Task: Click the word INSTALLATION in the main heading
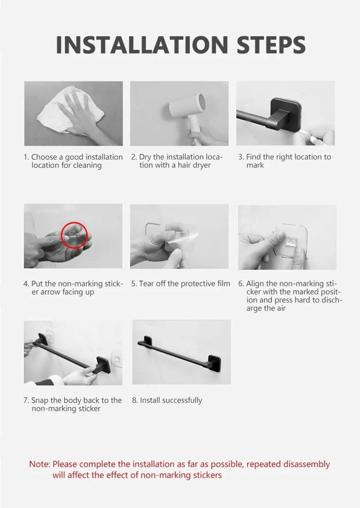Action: pyautogui.click(x=142, y=45)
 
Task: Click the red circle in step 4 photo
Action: pyautogui.click(x=74, y=235)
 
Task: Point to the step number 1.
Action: pyautogui.click(x=26, y=157)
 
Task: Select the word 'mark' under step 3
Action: pyautogui.click(x=255, y=165)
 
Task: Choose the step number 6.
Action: pyautogui.click(x=241, y=283)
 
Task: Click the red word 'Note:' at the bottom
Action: pyautogui.click(x=40, y=464)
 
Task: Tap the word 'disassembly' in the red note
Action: pyautogui.click(x=308, y=464)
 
